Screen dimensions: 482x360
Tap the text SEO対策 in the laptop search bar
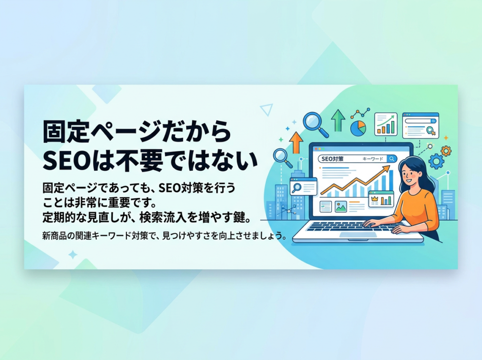coord(332,159)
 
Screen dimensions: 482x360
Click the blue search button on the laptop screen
coord(392,159)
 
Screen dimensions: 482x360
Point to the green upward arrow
coord(338,120)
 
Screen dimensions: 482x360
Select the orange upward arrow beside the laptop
coord(297,142)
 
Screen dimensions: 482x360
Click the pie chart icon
coord(358,128)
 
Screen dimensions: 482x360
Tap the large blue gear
coord(436,161)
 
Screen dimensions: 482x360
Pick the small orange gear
coord(446,151)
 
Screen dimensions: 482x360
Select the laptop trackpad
coord(358,234)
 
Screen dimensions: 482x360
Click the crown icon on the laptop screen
coord(374,199)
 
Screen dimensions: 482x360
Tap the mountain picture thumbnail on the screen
coord(341,207)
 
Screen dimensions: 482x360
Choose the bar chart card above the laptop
coord(386,124)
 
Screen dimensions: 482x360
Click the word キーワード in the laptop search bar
coord(373,159)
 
